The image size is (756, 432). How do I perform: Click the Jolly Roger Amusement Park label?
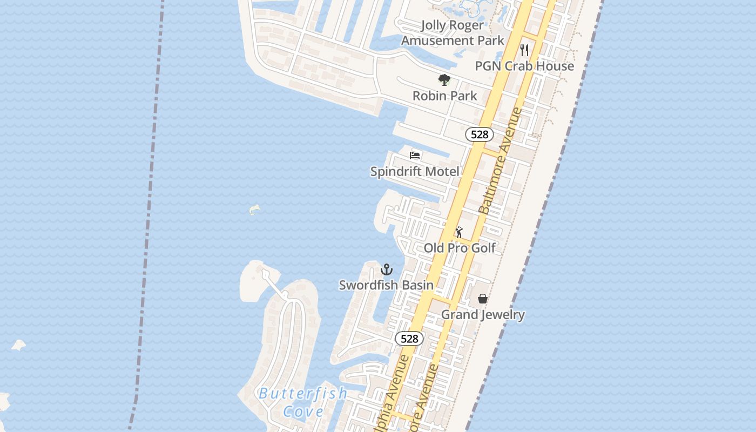452,33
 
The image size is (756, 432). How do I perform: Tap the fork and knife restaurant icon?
524,50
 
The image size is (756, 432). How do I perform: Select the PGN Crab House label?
524,66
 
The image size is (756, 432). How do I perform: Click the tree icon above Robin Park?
444,80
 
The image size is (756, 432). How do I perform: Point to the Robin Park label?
444,96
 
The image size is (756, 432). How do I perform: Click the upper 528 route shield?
480,134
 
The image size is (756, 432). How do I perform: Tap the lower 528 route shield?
409,339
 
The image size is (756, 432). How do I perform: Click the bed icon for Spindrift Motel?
415,156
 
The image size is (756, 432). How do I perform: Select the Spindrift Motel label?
415,171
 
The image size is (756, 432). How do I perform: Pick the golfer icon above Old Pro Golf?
459,232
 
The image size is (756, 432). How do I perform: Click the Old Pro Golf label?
460,248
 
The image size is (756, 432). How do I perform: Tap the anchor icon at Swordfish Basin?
387,269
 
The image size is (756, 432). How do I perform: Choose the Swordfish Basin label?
386,285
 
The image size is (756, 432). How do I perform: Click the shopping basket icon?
483,299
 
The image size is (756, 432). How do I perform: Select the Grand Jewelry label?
483,314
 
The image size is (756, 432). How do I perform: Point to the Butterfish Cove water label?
303,402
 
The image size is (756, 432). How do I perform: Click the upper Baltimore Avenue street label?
501,161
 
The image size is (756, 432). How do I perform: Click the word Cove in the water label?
303,411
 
